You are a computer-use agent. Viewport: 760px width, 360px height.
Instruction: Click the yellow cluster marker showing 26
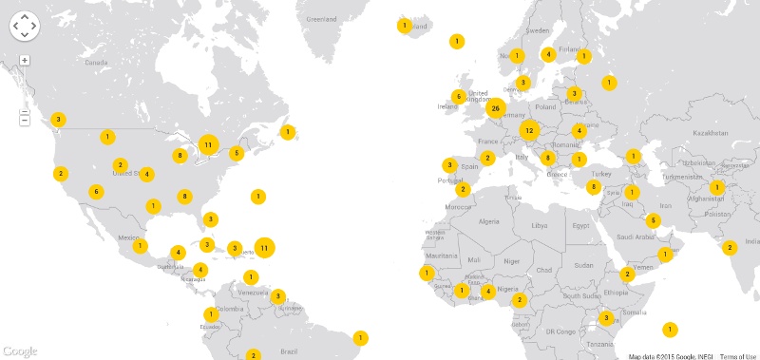pos(495,108)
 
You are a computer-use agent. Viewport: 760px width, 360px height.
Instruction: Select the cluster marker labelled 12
pos(529,130)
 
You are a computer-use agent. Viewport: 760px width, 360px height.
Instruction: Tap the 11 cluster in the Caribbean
pos(265,248)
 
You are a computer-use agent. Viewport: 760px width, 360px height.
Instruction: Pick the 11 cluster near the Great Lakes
pos(208,145)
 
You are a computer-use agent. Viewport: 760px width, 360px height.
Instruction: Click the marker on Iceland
pos(404,26)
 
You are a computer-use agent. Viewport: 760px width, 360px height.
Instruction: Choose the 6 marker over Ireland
pos(458,96)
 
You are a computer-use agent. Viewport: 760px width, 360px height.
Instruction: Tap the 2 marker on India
pos(729,248)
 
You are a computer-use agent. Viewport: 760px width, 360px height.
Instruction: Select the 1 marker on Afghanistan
pos(717,188)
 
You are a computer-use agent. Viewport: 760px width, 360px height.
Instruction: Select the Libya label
pos(540,226)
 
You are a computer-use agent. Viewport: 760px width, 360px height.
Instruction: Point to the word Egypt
pos(583,225)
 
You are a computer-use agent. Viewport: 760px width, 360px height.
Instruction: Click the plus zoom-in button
pos(25,60)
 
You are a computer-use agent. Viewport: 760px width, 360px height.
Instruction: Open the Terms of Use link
pos(737,356)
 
